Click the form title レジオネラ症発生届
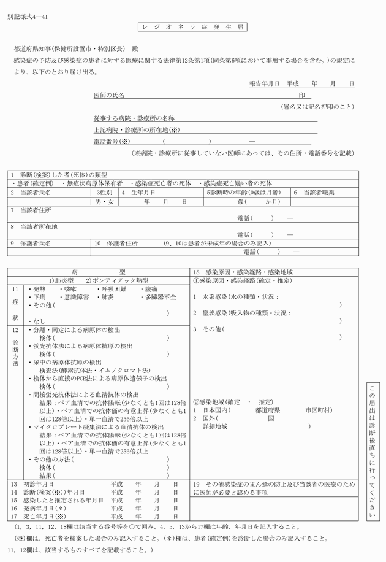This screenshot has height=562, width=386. [192, 28]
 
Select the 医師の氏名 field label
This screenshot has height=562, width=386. [108, 96]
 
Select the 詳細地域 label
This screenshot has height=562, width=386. [214, 426]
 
